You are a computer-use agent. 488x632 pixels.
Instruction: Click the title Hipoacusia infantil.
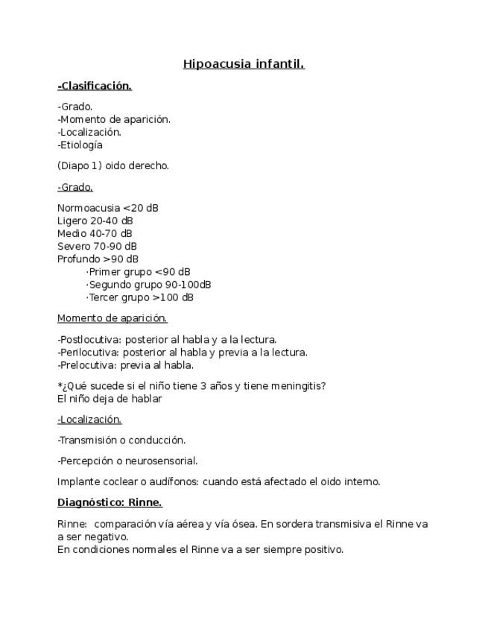click(x=244, y=64)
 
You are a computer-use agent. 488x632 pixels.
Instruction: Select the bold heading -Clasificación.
click(x=95, y=86)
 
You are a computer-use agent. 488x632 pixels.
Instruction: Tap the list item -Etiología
click(x=80, y=145)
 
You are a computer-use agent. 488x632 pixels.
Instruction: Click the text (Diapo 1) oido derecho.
click(x=113, y=165)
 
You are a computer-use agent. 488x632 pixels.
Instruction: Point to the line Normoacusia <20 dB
click(x=108, y=208)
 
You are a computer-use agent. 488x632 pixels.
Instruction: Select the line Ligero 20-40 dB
click(x=95, y=221)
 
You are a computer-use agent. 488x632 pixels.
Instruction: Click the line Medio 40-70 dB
click(x=95, y=233)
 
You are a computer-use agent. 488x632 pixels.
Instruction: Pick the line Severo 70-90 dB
click(x=97, y=246)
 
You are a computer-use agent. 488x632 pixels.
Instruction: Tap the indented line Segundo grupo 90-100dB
click(x=148, y=285)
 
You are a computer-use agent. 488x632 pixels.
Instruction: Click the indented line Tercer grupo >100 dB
click(x=139, y=297)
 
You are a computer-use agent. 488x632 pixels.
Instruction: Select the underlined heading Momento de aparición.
click(x=113, y=318)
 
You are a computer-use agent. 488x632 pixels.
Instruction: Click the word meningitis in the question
click(x=300, y=386)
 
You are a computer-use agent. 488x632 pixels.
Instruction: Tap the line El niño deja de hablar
click(x=110, y=399)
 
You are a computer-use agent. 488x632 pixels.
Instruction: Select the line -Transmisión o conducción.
click(x=121, y=440)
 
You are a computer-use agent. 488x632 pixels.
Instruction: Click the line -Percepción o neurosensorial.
click(x=127, y=461)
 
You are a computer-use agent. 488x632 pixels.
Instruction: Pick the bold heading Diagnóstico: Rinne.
click(x=110, y=502)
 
